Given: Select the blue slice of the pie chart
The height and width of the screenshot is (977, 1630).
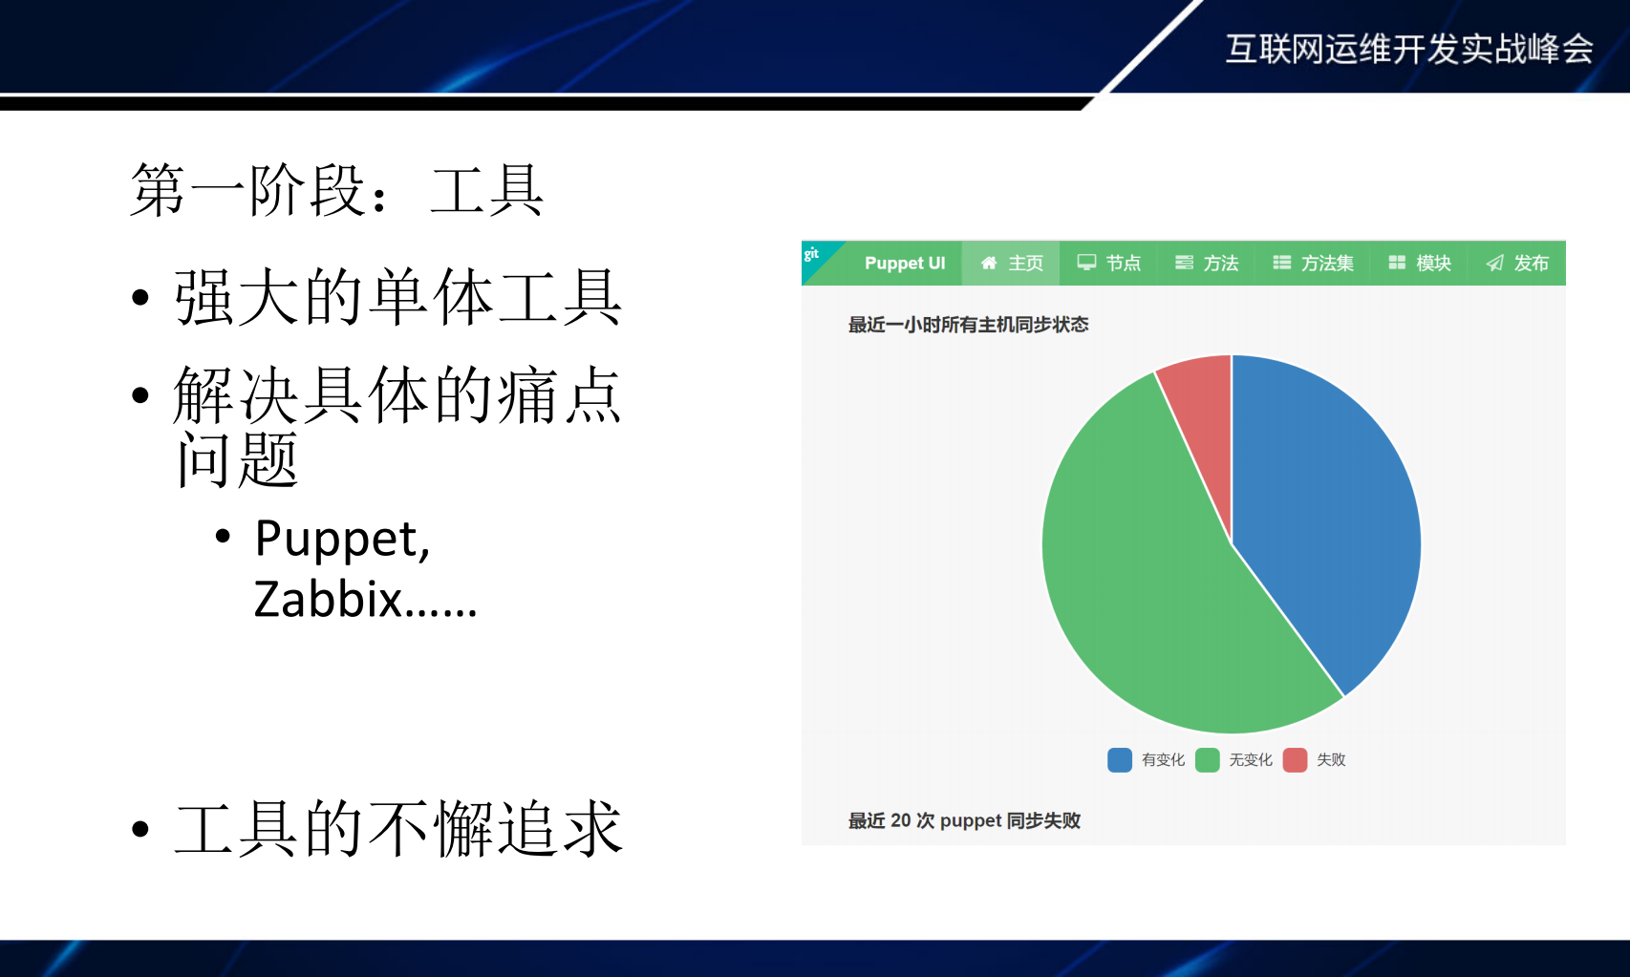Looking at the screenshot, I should [1328, 516].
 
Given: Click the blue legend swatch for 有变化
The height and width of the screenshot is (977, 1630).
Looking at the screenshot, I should [1120, 760].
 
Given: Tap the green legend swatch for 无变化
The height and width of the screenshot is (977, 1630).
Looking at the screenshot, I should [1208, 760].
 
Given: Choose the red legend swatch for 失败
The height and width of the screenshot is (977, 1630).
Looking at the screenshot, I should [1295, 760].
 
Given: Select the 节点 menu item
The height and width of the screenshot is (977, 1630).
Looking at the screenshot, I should [1109, 264].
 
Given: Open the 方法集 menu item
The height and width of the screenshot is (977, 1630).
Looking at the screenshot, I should [1314, 264].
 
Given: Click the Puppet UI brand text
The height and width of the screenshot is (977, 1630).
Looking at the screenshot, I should [904, 264].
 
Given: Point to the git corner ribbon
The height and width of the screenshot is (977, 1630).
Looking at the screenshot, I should [814, 255].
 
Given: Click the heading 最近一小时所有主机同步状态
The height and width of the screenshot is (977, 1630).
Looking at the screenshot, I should [968, 325].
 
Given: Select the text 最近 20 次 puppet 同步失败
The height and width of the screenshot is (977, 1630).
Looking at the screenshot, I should [964, 820].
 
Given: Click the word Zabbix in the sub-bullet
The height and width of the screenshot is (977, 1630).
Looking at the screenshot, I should [328, 600].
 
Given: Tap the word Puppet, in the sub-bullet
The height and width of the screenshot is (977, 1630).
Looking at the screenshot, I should [342, 540].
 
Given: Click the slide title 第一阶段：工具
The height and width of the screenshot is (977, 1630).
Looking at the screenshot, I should [336, 190].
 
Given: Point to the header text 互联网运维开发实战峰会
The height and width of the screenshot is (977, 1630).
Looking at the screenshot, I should [1408, 49].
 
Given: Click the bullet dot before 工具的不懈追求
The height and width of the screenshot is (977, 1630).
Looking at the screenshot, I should [140, 828].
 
